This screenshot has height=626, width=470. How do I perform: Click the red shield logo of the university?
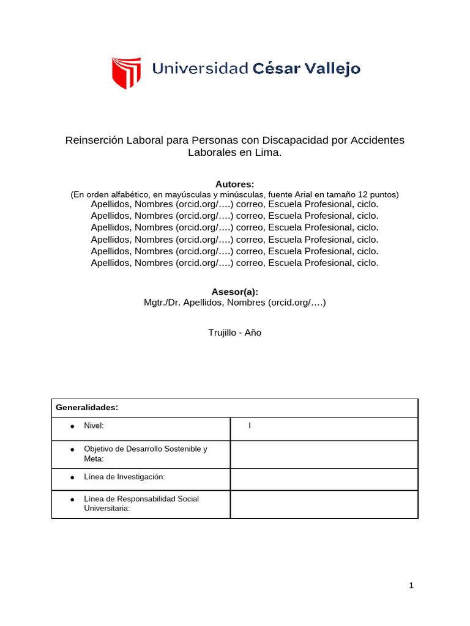coord(127,73)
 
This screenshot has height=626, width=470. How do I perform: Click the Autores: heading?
coord(234,184)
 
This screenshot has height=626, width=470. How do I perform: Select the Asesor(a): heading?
coord(234,292)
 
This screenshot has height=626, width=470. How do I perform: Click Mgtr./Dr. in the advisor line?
coord(161,302)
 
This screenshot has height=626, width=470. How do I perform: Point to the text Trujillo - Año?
coord(235,333)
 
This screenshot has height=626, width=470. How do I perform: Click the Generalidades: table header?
coord(87,407)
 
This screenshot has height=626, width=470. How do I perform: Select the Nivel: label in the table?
coord(94,425)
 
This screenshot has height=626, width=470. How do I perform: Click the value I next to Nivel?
coord(250,425)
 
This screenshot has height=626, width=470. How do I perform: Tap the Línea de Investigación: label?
coord(124,476)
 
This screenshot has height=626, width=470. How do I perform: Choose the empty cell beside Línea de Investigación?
coord(324,479)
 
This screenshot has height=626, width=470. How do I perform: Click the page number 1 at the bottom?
coord(412,586)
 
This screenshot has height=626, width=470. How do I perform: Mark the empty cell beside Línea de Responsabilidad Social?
coord(324,504)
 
